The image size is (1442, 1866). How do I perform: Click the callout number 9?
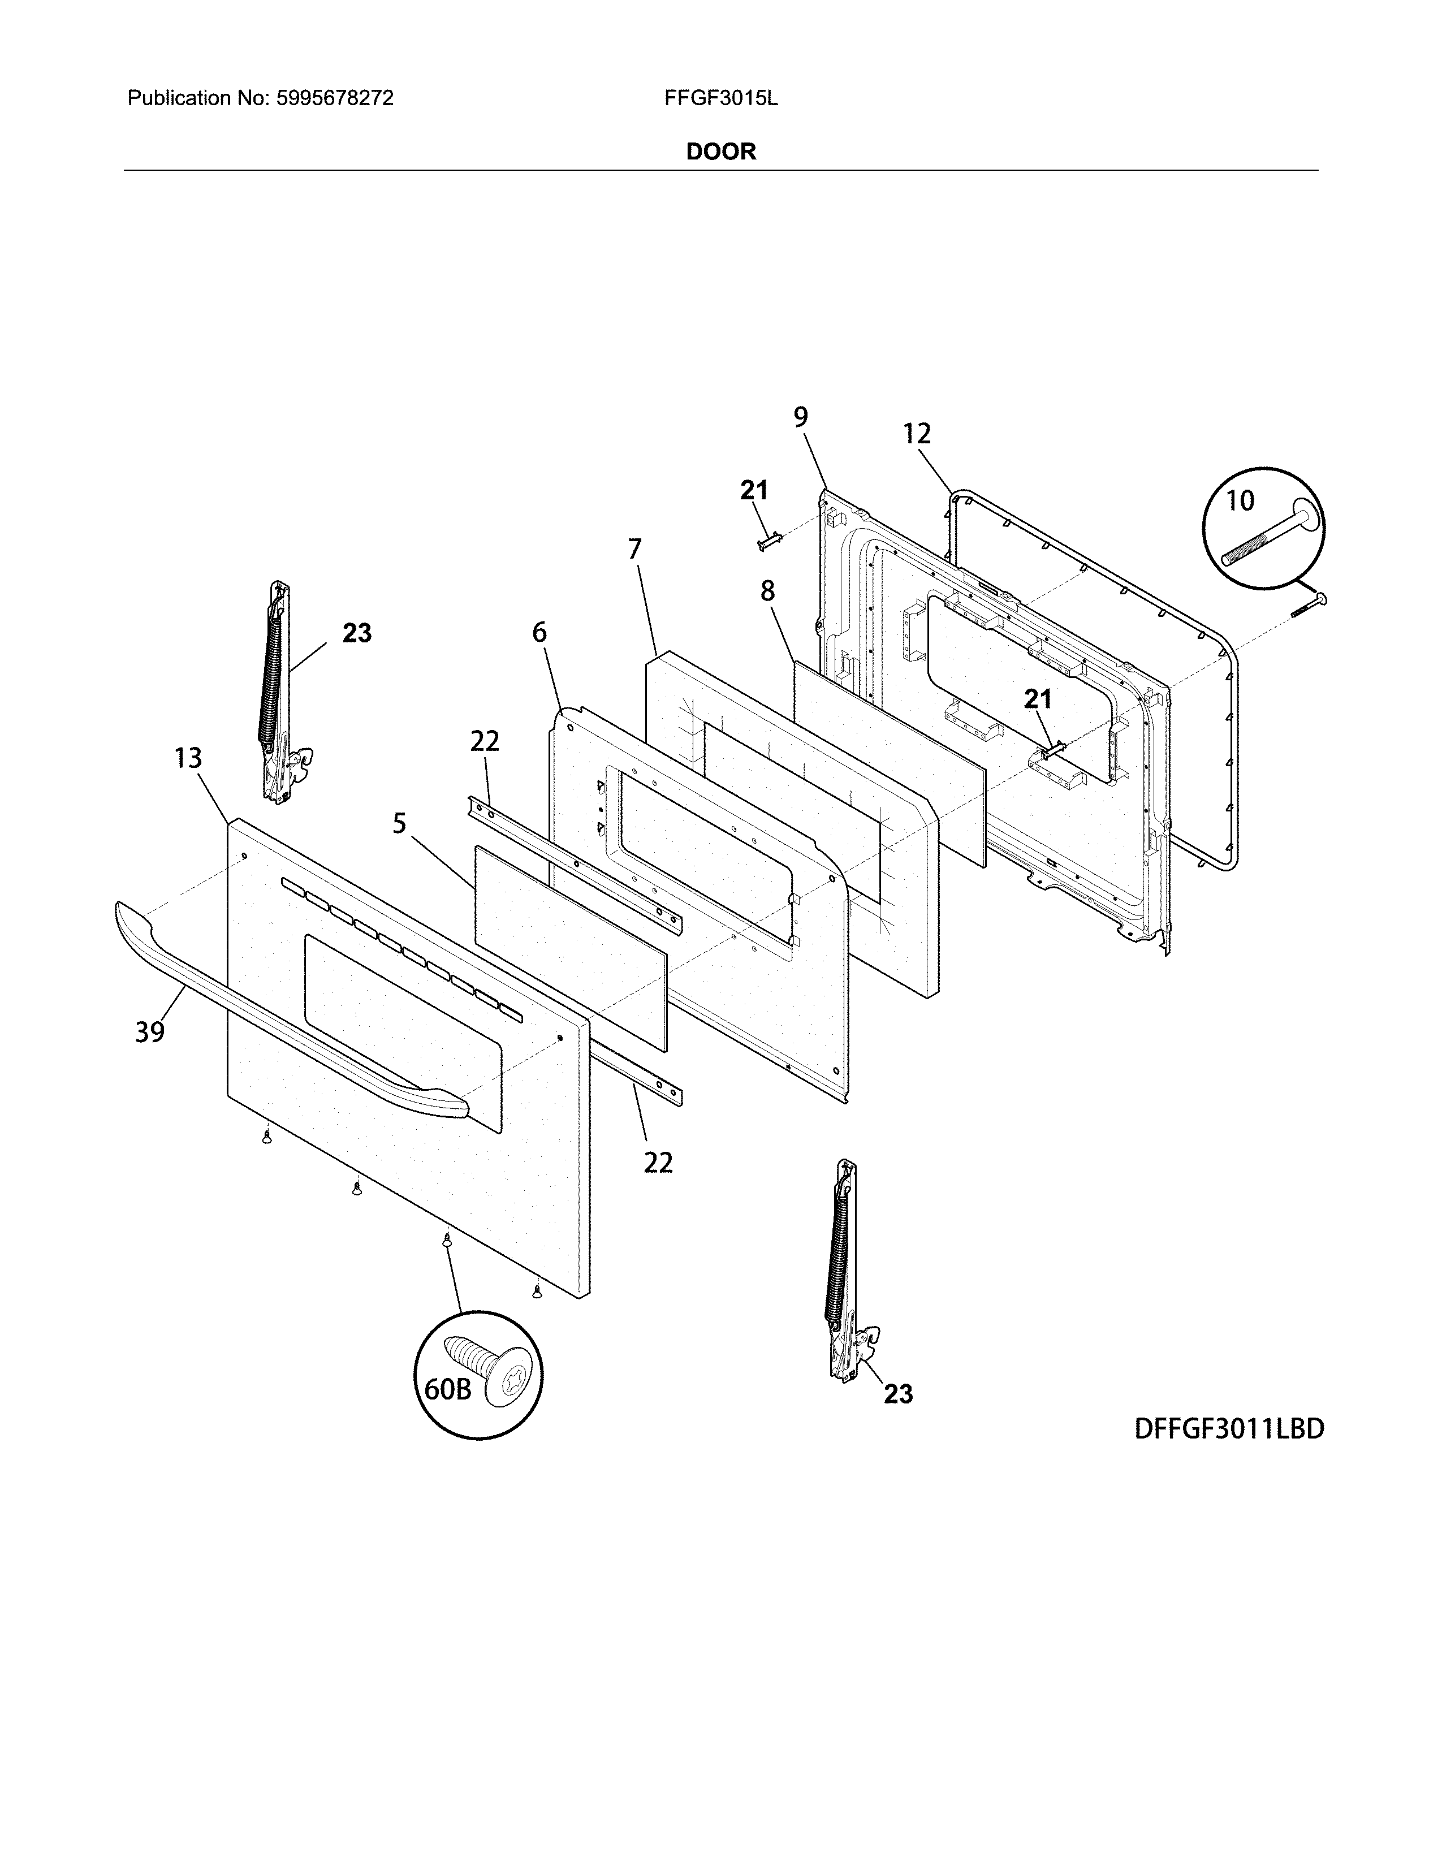tap(800, 417)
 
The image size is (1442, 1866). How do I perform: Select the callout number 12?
tap(917, 434)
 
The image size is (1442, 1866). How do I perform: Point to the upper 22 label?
tap(485, 741)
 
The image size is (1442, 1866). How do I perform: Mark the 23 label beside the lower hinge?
tap(898, 1394)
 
